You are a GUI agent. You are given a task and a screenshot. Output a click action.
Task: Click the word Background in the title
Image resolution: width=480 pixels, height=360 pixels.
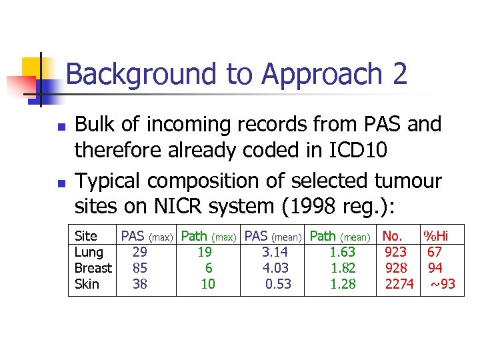click(141, 74)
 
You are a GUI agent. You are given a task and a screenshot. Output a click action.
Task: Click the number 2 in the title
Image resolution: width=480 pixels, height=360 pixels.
click(400, 74)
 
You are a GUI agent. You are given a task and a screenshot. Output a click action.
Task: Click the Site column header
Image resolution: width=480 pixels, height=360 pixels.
click(86, 236)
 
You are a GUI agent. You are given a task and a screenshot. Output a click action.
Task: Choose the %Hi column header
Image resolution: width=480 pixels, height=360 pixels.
click(437, 236)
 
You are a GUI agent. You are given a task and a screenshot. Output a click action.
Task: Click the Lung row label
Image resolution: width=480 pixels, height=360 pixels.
click(89, 252)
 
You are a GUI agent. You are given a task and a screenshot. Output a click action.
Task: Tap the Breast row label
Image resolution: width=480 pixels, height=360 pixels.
click(93, 268)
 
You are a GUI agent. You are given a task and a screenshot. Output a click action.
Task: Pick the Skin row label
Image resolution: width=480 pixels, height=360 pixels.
click(87, 284)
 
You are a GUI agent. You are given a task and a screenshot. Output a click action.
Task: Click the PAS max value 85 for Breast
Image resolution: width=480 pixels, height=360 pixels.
click(140, 268)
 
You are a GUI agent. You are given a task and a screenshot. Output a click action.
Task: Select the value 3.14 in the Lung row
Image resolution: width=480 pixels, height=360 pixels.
click(275, 252)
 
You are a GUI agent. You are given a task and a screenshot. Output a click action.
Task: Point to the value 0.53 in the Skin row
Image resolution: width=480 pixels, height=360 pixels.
click(278, 284)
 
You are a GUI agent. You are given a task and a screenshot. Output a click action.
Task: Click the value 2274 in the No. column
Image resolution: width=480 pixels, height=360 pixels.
click(399, 284)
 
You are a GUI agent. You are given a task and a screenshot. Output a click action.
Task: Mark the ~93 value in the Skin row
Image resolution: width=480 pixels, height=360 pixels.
click(442, 284)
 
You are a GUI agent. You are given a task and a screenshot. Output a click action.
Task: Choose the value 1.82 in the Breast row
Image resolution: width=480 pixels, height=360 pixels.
click(343, 268)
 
